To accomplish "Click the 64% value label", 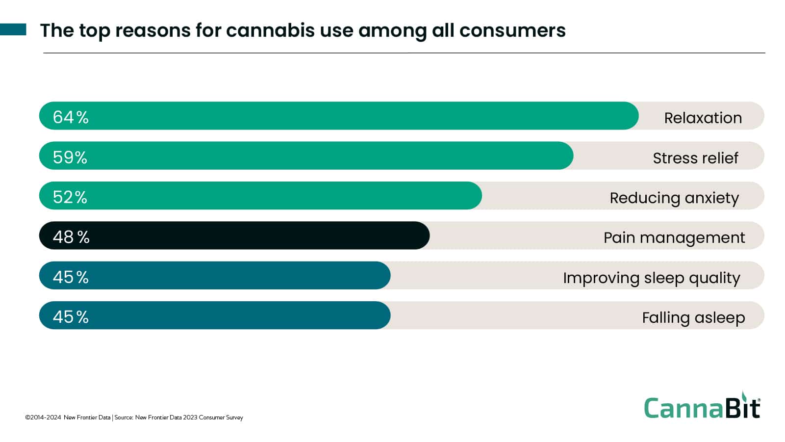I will [x=71, y=117].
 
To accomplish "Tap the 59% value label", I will [x=70, y=157].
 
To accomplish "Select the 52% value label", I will [x=70, y=197].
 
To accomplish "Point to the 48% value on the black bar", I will [x=71, y=237].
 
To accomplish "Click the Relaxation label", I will [x=703, y=118].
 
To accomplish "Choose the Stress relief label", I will [x=695, y=158].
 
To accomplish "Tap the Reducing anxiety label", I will [x=674, y=198].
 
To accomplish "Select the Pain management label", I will [x=674, y=238].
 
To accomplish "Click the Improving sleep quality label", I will [x=651, y=278].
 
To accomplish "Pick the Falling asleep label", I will [x=693, y=318].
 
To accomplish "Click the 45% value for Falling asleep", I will [x=71, y=317].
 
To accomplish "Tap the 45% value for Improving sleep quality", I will [x=71, y=277].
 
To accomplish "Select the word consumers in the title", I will [x=512, y=30].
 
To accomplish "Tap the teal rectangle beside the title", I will [x=13, y=29].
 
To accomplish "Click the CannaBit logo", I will [x=702, y=407].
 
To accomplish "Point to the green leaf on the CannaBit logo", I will [x=745, y=396].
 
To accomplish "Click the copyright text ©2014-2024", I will [x=43, y=417].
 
